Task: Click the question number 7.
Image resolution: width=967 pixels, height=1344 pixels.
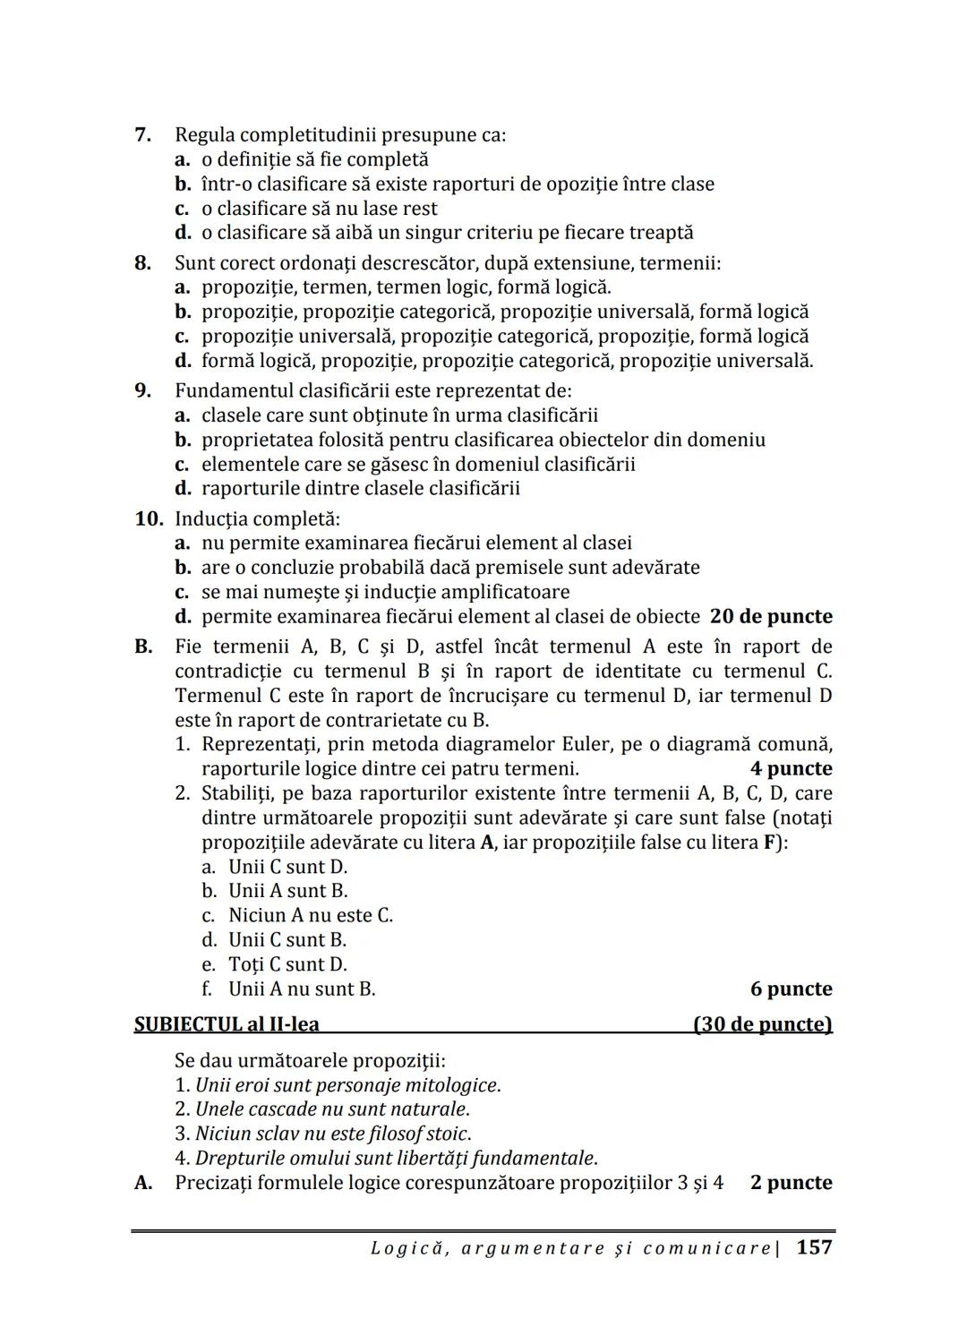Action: [142, 135]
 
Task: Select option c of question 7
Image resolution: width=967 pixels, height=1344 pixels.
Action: [319, 209]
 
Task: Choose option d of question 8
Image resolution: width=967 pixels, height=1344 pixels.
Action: [507, 361]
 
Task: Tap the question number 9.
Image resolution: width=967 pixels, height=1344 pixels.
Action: [142, 391]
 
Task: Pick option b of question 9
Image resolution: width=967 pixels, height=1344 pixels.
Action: [483, 440]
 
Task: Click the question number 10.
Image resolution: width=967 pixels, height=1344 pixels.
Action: [149, 519]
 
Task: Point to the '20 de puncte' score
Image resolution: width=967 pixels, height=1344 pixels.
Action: [771, 617]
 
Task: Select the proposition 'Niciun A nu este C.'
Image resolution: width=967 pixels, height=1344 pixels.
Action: [310, 915]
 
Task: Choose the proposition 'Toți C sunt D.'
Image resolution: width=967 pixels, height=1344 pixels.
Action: [287, 964]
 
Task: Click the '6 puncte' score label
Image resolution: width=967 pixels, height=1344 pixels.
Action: [791, 989]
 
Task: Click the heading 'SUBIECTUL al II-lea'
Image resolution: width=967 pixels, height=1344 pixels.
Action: [227, 1024]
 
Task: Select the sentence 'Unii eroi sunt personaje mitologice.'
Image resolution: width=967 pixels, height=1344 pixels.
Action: [347, 1085]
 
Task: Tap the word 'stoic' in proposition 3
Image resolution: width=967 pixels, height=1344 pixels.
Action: [449, 1134]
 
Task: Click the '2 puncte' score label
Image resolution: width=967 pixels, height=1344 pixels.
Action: [791, 1183]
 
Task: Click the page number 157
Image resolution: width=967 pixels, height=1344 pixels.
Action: [814, 1247]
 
